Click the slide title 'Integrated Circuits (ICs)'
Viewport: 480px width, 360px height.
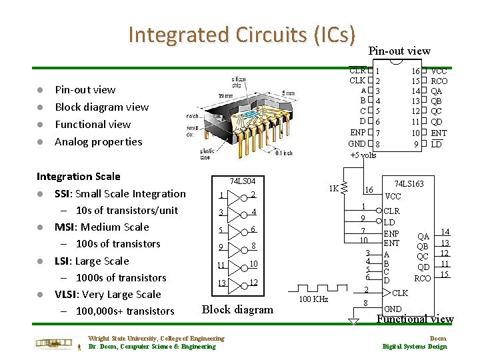242,34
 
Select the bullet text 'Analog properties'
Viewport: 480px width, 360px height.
98,141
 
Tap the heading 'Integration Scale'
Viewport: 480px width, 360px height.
79,176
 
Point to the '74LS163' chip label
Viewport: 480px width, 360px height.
414,183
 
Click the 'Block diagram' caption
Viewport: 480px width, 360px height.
237,309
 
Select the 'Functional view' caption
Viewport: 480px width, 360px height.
415,319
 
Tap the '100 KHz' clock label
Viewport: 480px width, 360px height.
313,299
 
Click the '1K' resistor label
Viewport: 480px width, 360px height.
333,188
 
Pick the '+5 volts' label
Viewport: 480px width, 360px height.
363,155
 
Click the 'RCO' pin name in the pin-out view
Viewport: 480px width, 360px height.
439,81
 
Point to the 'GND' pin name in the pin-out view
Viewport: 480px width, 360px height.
357,144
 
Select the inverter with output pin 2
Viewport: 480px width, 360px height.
235,195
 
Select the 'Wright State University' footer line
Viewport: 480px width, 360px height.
156,339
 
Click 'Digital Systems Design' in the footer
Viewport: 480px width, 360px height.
414,346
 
